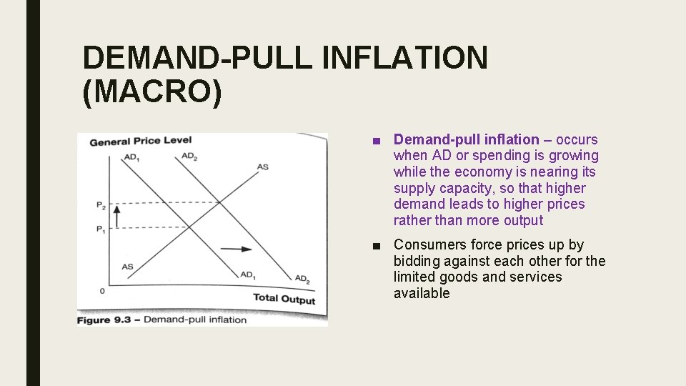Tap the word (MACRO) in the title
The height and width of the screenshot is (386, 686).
tap(152, 94)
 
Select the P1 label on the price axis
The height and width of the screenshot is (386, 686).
tap(101, 230)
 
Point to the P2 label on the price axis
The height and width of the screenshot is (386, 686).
tap(101, 205)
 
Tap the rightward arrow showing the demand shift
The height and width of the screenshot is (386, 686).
tap(236, 249)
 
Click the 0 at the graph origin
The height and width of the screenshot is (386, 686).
tap(102, 291)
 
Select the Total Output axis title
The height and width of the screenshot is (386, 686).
tap(284, 299)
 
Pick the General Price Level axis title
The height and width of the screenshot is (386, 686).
tap(140, 141)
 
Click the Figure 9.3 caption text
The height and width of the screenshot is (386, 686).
tap(161, 320)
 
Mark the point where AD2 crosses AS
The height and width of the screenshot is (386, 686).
tap(219, 202)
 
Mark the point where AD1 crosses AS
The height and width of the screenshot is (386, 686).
tap(189, 227)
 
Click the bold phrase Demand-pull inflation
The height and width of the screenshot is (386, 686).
tap(466, 139)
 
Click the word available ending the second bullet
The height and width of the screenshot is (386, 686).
tap(422, 293)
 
